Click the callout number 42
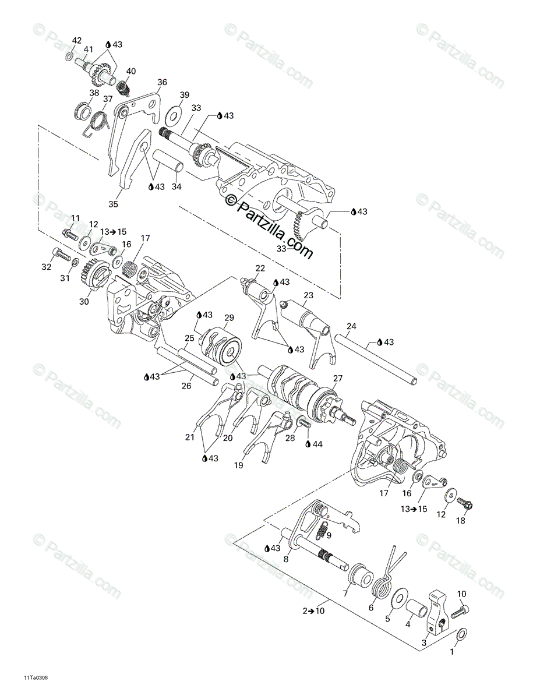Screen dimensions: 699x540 click(x=77, y=40)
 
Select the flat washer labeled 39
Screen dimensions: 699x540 click(x=174, y=115)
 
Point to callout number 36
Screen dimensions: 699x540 click(x=161, y=82)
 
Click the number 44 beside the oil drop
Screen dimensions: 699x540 click(x=317, y=443)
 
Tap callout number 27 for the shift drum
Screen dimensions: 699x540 click(x=338, y=378)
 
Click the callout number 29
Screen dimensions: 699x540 click(x=229, y=317)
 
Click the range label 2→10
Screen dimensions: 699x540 click(x=313, y=610)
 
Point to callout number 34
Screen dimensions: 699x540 click(x=177, y=186)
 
